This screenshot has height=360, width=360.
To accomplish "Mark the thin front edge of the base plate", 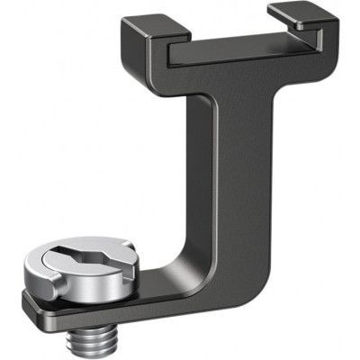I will pos(135,317).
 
